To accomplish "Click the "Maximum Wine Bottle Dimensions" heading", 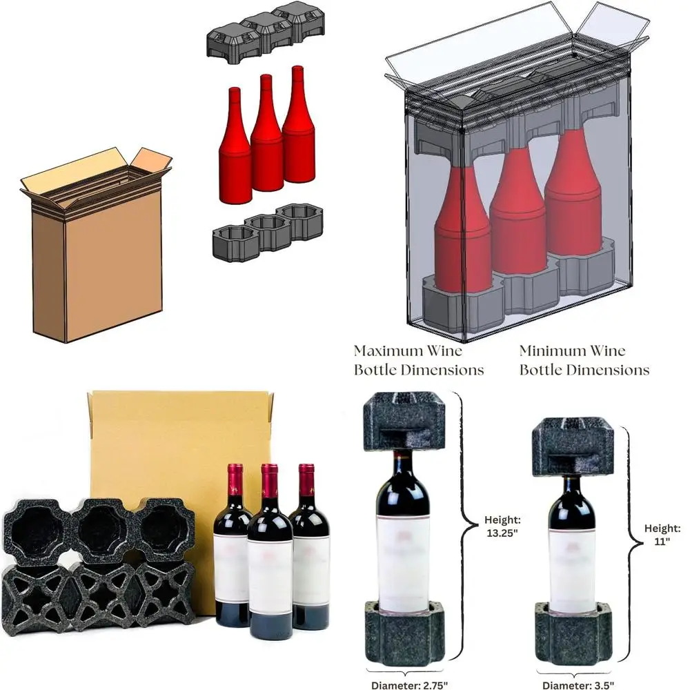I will click(419, 359).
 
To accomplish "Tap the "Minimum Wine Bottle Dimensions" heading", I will click(584, 359).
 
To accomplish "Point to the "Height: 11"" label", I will click(662, 535).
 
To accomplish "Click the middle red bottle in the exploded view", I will click(266, 138).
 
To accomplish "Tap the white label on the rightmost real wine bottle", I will click(310, 569).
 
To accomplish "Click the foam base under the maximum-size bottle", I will click(404, 631).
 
